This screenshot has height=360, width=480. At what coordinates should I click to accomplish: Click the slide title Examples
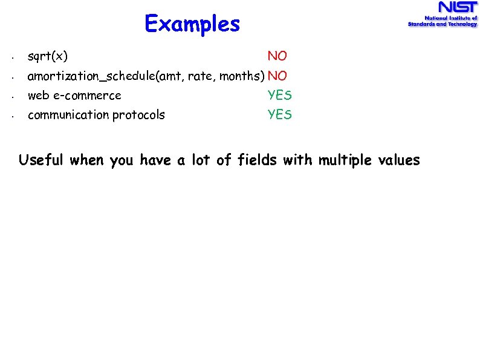192,24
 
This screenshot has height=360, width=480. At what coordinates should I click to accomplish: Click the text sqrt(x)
48,57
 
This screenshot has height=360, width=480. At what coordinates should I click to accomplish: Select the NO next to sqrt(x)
277,56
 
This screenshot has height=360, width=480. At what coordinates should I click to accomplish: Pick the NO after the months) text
277,76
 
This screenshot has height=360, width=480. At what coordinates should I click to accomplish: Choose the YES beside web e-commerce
280,96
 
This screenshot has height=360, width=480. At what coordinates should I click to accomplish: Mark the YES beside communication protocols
280,115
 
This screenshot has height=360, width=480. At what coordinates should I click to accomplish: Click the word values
399,160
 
